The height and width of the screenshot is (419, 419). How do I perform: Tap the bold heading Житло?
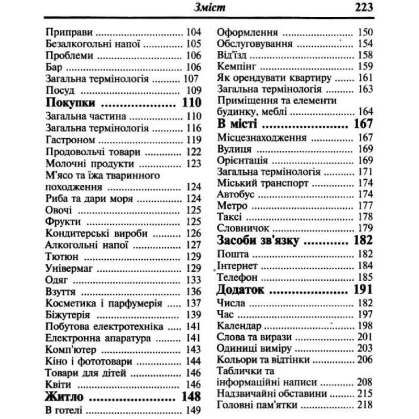click(x=65, y=395)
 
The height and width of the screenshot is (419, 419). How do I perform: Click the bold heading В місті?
click(x=237, y=124)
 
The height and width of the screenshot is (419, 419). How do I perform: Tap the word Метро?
click(x=228, y=205)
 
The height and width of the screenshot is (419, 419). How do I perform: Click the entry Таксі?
click(x=227, y=216)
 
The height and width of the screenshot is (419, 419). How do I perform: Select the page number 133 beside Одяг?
click(x=193, y=280)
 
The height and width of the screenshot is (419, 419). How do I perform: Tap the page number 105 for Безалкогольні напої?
click(x=193, y=43)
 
